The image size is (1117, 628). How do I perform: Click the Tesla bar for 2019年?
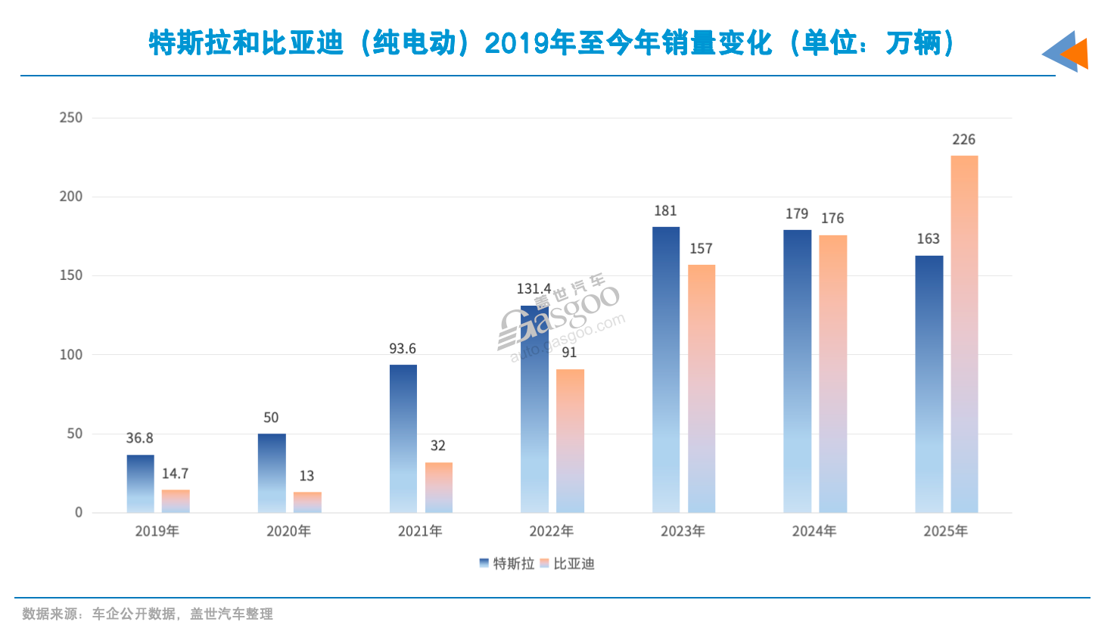pyautogui.click(x=140, y=483)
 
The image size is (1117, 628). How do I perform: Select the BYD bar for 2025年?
pyautogui.click(x=964, y=334)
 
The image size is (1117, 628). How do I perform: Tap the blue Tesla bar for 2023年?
pyautogui.click(x=666, y=369)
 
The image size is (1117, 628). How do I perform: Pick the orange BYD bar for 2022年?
pyautogui.click(x=570, y=440)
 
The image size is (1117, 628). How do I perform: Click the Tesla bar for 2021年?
pyautogui.click(x=403, y=438)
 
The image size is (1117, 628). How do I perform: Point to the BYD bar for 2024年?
pyautogui.click(x=832, y=374)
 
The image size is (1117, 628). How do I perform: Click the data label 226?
pyautogui.click(x=963, y=140)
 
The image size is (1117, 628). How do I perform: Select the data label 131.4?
pyautogui.click(x=534, y=289)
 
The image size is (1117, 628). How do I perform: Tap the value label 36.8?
pyautogui.click(x=139, y=438)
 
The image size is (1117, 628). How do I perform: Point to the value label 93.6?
pyautogui.click(x=403, y=349)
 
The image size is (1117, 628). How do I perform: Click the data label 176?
pyautogui.click(x=832, y=219)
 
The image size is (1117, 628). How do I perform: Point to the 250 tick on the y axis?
pyautogui.click(x=71, y=118)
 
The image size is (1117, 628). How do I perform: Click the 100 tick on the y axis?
pyautogui.click(x=71, y=355)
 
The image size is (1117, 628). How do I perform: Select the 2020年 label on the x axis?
pyautogui.click(x=288, y=531)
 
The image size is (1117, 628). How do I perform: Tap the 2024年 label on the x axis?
pyautogui.click(x=814, y=531)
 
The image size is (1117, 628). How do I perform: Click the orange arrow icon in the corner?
pyautogui.click(x=1075, y=53)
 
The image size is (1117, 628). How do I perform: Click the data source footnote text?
pyautogui.click(x=148, y=614)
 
